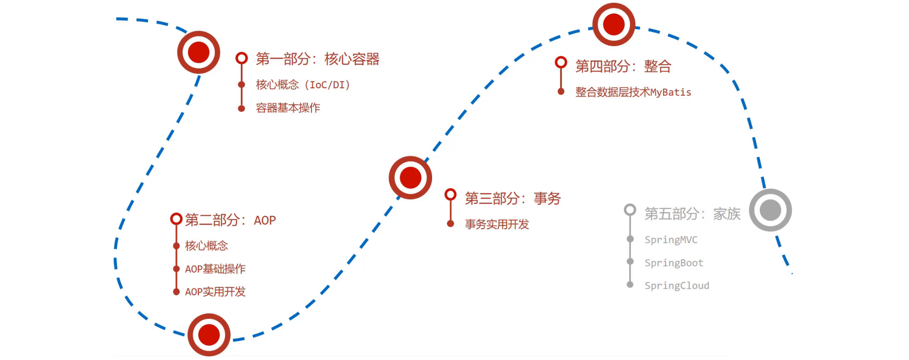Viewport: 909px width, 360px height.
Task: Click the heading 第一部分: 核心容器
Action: [317, 59]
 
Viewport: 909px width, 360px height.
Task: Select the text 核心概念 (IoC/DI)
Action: [303, 85]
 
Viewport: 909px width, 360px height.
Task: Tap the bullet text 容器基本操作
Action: [288, 108]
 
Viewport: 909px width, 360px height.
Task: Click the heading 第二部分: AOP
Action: [230, 220]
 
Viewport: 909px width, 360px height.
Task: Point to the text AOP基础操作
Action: [215, 269]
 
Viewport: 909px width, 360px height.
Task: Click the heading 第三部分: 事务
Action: [512, 199]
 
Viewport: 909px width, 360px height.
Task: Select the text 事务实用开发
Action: [497, 225]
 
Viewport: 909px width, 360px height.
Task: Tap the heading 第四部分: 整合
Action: [623, 67]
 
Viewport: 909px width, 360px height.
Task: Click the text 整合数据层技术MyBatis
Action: [633, 92]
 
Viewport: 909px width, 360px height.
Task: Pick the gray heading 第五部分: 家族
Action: [692, 214]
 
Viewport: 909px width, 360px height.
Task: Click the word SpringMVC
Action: [671, 240]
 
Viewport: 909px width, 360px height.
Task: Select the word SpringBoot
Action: [674, 263]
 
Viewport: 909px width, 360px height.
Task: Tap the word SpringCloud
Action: [677, 286]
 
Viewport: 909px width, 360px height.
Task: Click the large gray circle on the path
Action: [770, 210]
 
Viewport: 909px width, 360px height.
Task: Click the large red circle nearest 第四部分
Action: [614, 24]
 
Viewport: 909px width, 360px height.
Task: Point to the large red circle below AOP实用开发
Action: [209, 335]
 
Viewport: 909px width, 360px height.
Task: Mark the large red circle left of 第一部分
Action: [199, 52]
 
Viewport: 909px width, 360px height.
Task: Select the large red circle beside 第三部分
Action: [410, 177]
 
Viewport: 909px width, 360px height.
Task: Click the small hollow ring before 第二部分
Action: [176, 219]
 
